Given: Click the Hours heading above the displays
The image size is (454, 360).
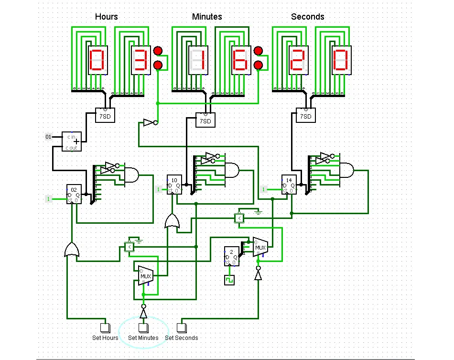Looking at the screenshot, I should coord(106,17).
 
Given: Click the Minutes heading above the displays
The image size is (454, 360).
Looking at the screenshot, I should coord(207,17).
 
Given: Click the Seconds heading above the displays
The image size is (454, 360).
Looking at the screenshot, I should coord(308,17).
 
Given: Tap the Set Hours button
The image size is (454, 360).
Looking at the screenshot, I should coord(105,327).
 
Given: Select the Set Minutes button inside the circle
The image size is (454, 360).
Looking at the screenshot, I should coord(143,327).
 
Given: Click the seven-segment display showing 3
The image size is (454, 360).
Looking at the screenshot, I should coord(141,61).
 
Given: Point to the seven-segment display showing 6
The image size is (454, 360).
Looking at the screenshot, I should coord(241,61).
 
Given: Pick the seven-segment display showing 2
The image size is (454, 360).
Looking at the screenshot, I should coord(299,61).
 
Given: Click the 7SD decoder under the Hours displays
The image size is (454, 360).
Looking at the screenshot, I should coord(105,116).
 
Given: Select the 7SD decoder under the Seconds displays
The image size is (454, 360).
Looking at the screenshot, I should coord(306,116).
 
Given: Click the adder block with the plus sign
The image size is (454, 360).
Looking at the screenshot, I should coord(72,142).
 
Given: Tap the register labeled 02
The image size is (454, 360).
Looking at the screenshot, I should coord(74,194).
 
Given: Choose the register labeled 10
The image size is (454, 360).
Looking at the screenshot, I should coord(174,184).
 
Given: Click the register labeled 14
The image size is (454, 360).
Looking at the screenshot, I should coord(289,184).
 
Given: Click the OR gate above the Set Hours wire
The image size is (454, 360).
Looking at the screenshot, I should coord(72,250).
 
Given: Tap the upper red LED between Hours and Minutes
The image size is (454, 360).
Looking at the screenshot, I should coord(158,51).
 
